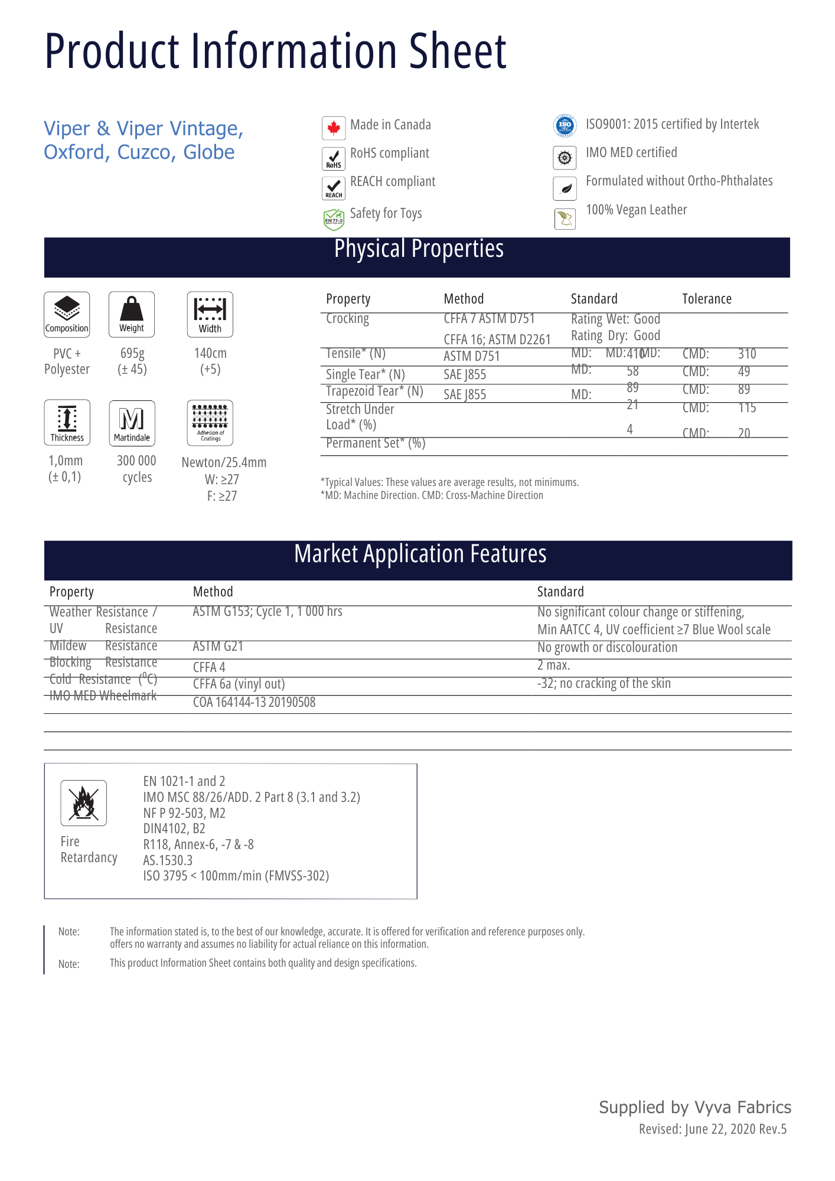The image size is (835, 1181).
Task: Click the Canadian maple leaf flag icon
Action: pyautogui.click(x=334, y=128)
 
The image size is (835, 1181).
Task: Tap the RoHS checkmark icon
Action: pyautogui.click(x=334, y=158)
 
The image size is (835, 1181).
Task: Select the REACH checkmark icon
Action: pyautogui.click(x=334, y=188)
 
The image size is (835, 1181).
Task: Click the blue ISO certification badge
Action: pyautogui.click(x=565, y=125)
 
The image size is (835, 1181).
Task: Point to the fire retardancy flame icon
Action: pyautogui.click(x=83, y=803)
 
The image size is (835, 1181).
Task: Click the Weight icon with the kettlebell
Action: pyautogui.click(x=132, y=314)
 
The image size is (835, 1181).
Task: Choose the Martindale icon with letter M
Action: pyautogui.click(x=132, y=423)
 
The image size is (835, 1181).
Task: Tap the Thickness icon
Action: pyautogui.click(x=67, y=423)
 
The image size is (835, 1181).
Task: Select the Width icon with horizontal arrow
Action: pyautogui.click(x=210, y=314)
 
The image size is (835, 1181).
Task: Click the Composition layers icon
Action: pyautogui.click(x=67, y=314)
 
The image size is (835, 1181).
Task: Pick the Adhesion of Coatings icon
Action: pyautogui.click(x=210, y=423)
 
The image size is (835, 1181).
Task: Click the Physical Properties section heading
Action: pyautogui.click(x=419, y=249)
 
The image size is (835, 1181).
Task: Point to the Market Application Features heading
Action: pyautogui.click(x=420, y=554)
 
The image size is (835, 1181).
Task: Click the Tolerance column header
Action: pyautogui.click(x=707, y=299)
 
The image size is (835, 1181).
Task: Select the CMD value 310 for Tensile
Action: pyautogui.click(x=747, y=354)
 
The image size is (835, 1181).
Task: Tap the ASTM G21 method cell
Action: pyautogui.click(x=218, y=647)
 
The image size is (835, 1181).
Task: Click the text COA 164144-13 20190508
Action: pyautogui.click(x=254, y=703)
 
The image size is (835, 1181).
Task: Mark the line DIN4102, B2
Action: pyautogui.click(x=174, y=829)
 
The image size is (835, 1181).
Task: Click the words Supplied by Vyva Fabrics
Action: pyautogui.click(x=695, y=1108)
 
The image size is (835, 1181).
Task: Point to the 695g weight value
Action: pyautogui.click(x=132, y=354)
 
